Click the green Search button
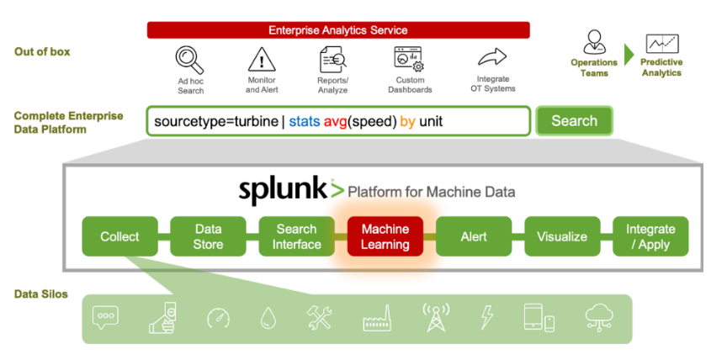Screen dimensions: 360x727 tap(574, 121)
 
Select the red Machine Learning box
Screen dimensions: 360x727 tap(385, 236)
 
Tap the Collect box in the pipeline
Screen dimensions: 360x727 tap(119, 236)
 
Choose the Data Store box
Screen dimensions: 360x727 tap(208, 236)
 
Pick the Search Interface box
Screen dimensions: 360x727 tap(296, 236)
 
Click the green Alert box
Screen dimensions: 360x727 tap(474, 236)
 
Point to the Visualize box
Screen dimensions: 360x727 tap(562, 236)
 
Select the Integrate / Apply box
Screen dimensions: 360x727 tap(650, 236)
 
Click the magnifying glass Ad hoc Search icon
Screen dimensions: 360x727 tap(189, 60)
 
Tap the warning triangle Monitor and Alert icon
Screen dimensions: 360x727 tap(262, 60)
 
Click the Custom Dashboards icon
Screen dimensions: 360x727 tap(409, 59)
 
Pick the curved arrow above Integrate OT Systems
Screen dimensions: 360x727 tap(492, 58)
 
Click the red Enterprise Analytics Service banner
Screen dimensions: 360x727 tap(338, 30)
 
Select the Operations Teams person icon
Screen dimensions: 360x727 tap(594, 42)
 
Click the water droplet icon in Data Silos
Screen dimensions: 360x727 tap(267, 318)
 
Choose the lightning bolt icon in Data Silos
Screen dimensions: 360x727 tap(486, 317)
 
